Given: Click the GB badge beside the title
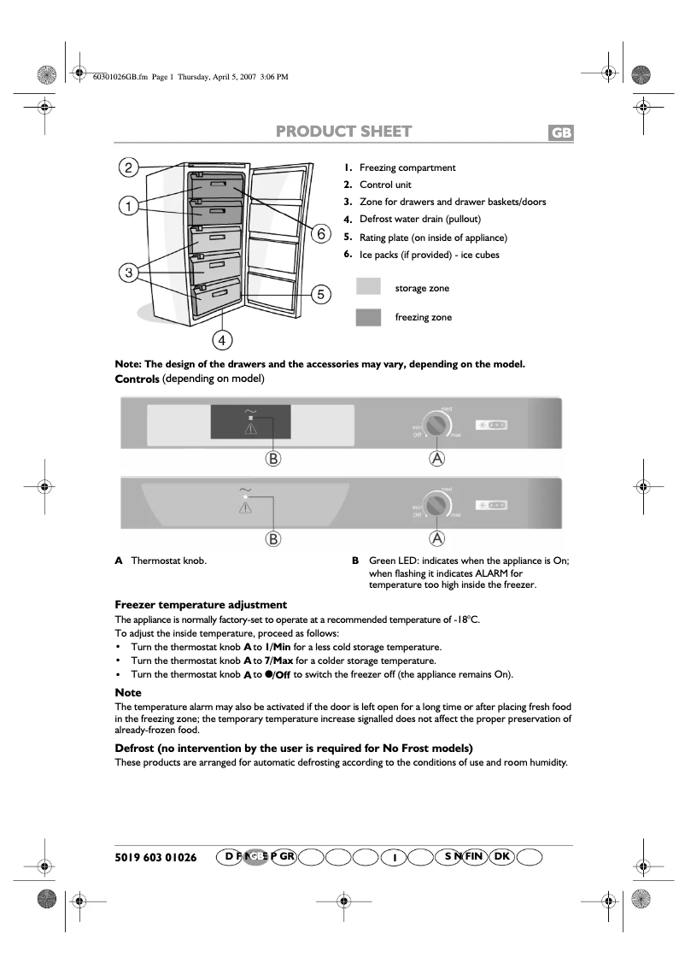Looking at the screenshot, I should [x=560, y=133].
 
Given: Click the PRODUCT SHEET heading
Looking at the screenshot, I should [x=343, y=132].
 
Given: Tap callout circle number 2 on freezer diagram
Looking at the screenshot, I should [x=128, y=167].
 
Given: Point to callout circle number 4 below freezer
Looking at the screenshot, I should [x=221, y=340].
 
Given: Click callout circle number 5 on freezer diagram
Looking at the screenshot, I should [x=319, y=295].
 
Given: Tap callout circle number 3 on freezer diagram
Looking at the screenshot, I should [x=128, y=273].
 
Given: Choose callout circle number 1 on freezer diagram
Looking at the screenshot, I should [x=128, y=206].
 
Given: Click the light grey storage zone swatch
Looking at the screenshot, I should [x=368, y=288].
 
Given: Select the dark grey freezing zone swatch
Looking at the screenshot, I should [x=368, y=318].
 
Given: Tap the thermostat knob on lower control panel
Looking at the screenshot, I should [x=437, y=507].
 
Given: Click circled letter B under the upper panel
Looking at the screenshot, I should [x=272, y=459].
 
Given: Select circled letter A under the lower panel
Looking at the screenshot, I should [x=437, y=538].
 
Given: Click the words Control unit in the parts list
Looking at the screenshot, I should [x=384, y=185].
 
